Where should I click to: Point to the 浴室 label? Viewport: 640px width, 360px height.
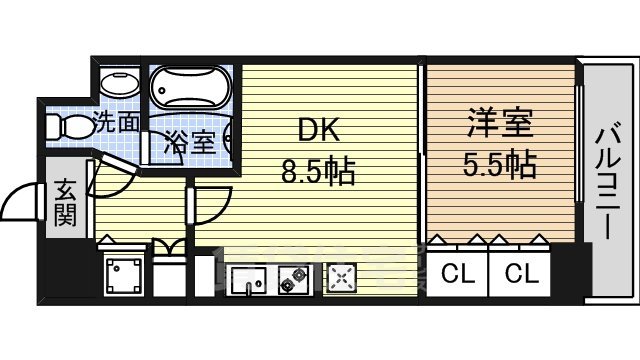(189, 141)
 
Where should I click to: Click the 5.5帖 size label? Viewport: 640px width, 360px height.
(499, 163)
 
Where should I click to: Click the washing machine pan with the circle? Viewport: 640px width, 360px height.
(124, 273)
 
